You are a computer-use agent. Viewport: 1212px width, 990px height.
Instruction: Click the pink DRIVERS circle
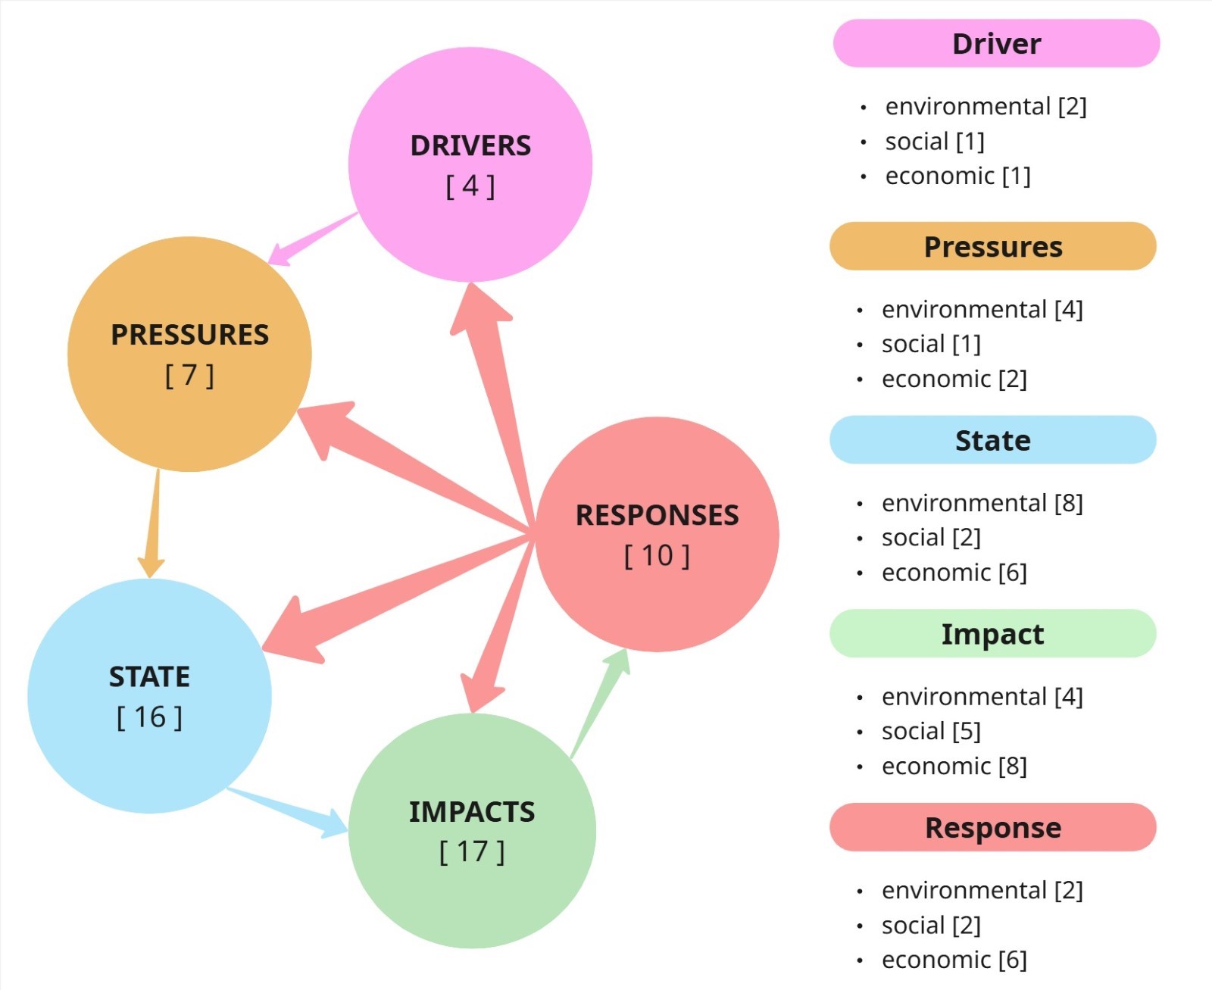coord(470,164)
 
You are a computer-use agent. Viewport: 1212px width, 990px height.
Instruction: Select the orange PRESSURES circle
coord(189,354)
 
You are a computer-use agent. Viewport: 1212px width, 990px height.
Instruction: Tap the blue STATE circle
coord(149,695)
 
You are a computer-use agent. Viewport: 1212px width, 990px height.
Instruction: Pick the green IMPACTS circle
coord(471,830)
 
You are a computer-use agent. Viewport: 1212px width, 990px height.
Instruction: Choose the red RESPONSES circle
coord(657,534)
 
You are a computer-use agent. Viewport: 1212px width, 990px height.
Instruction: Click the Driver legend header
coord(996,44)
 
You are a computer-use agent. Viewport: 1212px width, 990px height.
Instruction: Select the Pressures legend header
coord(993,247)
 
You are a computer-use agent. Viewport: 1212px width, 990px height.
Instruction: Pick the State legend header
coord(993,440)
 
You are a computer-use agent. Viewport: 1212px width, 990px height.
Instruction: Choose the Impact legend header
coord(993,634)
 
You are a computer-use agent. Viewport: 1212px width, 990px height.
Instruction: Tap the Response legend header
coord(993,827)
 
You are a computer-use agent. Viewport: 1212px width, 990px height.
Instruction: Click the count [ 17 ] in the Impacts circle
coord(471,852)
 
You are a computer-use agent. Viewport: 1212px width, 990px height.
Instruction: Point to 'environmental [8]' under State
coord(982,503)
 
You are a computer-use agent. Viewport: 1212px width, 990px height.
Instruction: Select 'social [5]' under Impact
coord(931,732)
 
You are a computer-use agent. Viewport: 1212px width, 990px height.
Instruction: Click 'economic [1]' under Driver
coord(957,176)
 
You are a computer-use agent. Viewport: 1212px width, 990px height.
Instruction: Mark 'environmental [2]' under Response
coord(982,891)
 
